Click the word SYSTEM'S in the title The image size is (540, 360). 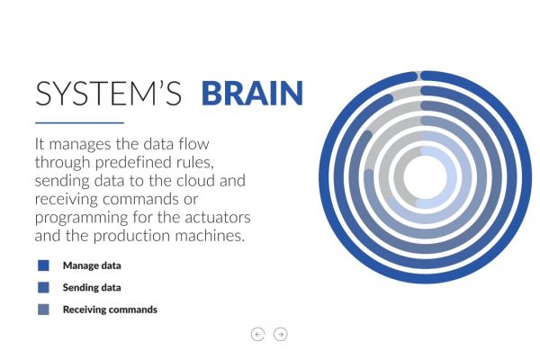pyautogui.click(x=109, y=93)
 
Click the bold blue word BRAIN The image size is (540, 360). pyautogui.click(x=252, y=93)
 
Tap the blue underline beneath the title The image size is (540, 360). pyautogui.click(x=79, y=122)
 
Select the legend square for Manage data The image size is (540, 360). pyautogui.click(x=43, y=265)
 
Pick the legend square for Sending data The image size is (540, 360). pyautogui.click(x=43, y=287)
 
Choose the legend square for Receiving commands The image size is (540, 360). pyautogui.click(x=43, y=310)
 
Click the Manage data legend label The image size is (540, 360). pyautogui.click(x=92, y=265)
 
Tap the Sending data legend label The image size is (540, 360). pyautogui.click(x=92, y=288)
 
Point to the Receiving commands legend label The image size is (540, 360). pyautogui.click(x=110, y=310)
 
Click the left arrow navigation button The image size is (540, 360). pyautogui.click(x=258, y=334)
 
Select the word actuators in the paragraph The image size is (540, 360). pyautogui.click(x=218, y=218)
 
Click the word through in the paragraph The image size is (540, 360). pyautogui.click(x=63, y=163)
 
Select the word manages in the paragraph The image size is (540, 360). pyautogui.click(x=80, y=145)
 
